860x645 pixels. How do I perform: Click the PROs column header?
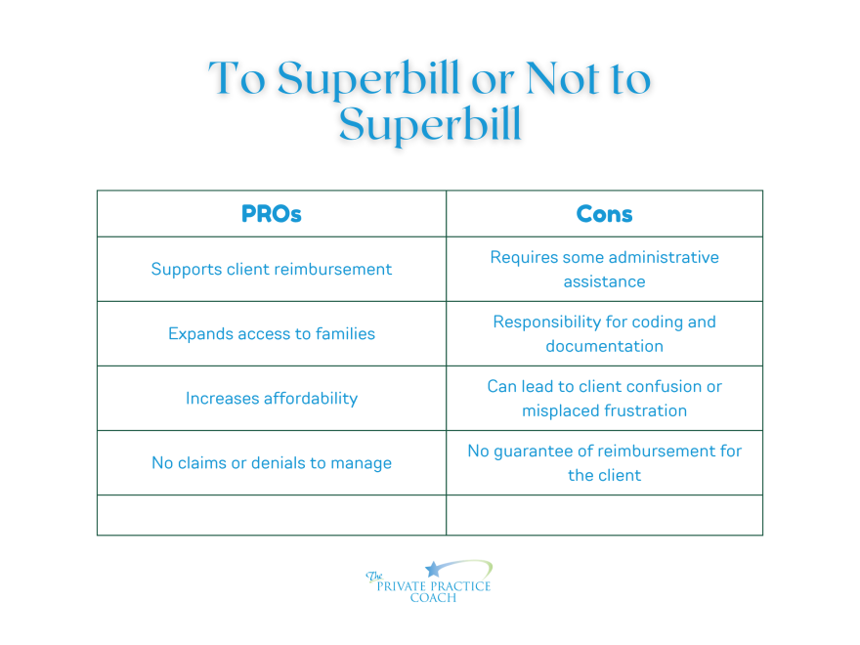coord(272,214)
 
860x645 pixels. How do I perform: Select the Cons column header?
coord(604,214)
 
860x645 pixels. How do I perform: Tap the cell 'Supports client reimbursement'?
coord(272,270)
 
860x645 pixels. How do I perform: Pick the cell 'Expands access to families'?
coord(272,333)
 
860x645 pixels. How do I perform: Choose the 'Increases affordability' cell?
coord(272,398)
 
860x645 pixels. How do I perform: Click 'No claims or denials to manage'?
coord(272,463)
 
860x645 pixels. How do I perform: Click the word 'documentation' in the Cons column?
coord(604,346)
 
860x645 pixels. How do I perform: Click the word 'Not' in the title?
coord(562,78)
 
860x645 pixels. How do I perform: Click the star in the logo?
coord(433,570)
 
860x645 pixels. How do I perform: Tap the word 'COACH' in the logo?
coord(433,598)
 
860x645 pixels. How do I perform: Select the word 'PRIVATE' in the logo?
coord(402,586)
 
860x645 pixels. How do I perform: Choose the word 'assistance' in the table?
coord(604,281)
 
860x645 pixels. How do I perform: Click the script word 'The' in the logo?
coord(374,576)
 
